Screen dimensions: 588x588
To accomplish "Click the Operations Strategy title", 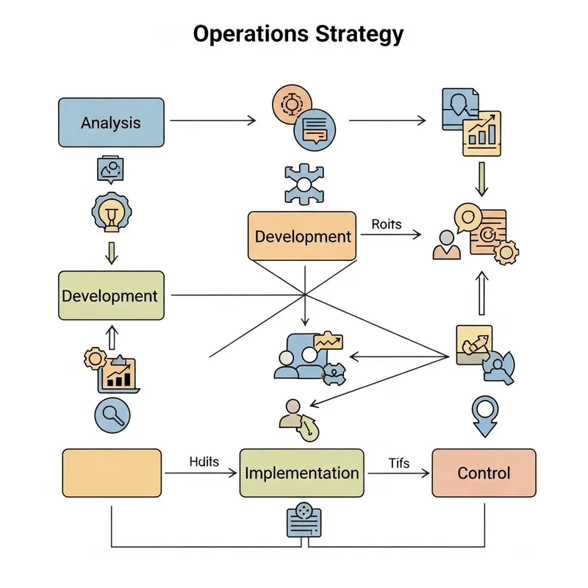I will coord(298,34).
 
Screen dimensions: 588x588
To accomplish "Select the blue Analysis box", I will coord(110,123).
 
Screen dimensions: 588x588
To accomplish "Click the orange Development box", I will coord(302,236).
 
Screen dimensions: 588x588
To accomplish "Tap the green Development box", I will coord(110,295).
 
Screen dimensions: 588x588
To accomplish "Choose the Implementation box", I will coord(301,473).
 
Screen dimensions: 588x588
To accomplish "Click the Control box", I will coord(483,473).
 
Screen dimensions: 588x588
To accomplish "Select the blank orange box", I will coord(112,473).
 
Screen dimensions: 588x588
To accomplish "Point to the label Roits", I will coord(387,224).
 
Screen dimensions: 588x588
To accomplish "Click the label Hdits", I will coord(203,462).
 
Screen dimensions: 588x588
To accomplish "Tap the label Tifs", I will coord(398,462).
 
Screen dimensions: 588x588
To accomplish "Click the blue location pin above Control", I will coord(484,414).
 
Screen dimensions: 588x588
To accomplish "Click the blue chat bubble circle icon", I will coord(314,129).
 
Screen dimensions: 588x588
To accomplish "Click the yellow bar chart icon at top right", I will coord(481,134).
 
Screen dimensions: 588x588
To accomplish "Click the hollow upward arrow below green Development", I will coord(112,337).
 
